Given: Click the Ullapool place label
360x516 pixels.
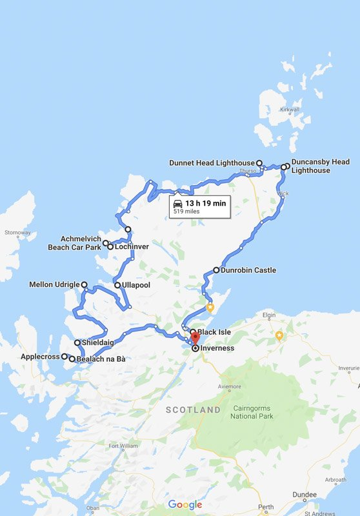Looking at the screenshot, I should (137, 284).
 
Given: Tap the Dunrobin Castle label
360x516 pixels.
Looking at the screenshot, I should (248, 270).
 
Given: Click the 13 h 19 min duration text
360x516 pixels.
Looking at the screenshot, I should (206, 203).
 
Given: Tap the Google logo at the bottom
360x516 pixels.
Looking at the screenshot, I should (185, 504).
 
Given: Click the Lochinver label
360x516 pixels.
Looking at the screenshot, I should (132, 246).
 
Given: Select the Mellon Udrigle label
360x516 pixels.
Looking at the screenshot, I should (54, 284).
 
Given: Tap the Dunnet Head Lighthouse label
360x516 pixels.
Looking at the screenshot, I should (212, 163).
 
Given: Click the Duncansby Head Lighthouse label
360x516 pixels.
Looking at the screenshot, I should (320, 166).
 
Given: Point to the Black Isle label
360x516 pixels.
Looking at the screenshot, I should (214, 332).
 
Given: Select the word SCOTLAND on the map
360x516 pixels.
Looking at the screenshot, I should (193, 410).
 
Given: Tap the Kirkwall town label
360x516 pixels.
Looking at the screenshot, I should (290, 109).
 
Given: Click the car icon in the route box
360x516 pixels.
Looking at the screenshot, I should (177, 203).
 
